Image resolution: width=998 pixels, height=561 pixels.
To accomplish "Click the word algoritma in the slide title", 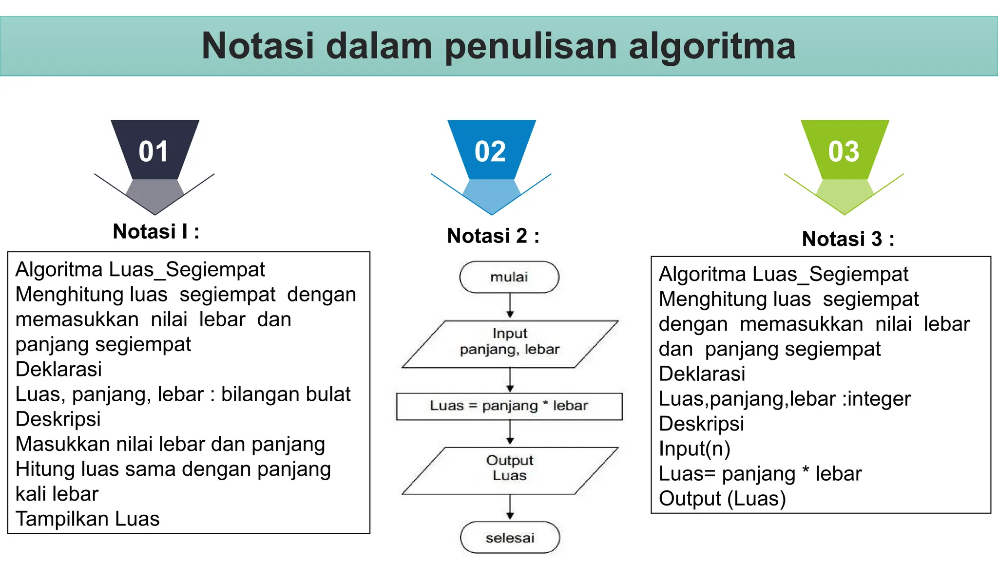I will point(712,47).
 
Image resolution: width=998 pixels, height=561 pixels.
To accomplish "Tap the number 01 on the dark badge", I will point(154,151).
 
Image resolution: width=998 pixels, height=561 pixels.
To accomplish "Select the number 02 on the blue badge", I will point(490,151).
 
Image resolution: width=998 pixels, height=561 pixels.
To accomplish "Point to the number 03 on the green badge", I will point(844,151).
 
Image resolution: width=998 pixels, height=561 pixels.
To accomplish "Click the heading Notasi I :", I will point(156,232).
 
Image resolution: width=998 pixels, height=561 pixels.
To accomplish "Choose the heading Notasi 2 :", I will point(493,236).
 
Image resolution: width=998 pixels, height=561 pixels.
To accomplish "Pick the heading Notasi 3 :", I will point(848,239).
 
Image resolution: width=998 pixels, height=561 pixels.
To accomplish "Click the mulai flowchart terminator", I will point(509,277).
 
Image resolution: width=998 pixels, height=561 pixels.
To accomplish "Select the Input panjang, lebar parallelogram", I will point(510,344).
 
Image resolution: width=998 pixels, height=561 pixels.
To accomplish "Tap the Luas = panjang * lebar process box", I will point(509,406).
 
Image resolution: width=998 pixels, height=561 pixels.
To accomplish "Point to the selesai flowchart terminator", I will point(510,538).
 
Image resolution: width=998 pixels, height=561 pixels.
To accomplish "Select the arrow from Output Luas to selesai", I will point(510,508).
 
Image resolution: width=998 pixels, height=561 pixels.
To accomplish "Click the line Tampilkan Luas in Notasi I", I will point(88,519).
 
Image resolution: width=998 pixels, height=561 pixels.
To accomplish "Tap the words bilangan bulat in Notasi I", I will point(286,394).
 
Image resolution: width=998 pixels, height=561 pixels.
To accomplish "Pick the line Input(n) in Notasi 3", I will point(694,449).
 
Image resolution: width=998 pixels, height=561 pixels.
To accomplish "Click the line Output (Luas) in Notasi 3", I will point(722,499).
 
